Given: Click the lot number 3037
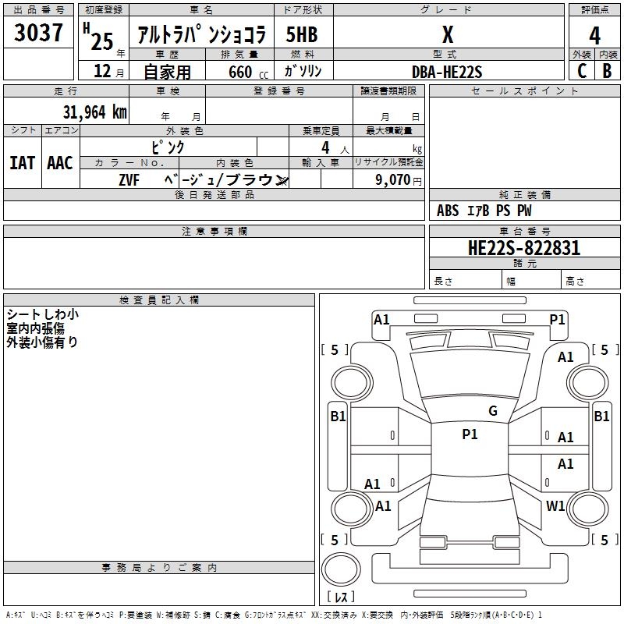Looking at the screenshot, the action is (39, 34).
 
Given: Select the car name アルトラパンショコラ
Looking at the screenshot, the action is (201, 34).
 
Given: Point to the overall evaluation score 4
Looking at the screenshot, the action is (594, 35).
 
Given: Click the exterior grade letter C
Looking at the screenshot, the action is (582, 71).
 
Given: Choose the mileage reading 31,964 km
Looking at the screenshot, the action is (94, 112).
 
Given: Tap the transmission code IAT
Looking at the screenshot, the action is (23, 163).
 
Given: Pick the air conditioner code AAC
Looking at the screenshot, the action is (60, 163).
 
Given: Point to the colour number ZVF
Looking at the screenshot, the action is (129, 180).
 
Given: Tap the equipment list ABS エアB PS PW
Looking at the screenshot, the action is (485, 211).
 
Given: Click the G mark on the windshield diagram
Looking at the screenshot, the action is (492, 411).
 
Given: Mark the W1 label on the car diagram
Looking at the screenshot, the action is (555, 506).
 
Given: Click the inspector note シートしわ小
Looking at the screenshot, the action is (42, 315).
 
